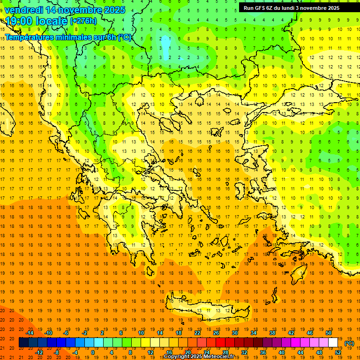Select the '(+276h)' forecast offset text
pyautogui.click(x=83, y=21)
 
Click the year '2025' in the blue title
pyautogui.click(x=113, y=10)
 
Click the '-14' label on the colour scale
pyautogui.click(x=30, y=333)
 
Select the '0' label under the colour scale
pyautogui.click(x=93, y=352)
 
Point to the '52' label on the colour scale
pyautogui.click(x=338, y=352)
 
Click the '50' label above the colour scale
pyautogui.click(x=329, y=333)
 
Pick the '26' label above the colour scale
pyautogui.click(x=216, y=333)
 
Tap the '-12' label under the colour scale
pyautogui.click(x=39, y=352)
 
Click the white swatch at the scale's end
pyautogui.click(x=333, y=343)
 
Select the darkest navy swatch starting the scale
pyautogui.click(x=23, y=343)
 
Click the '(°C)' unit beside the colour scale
pyautogui.click(x=349, y=343)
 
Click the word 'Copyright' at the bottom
pyautogui.click(x=177, y=357)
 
